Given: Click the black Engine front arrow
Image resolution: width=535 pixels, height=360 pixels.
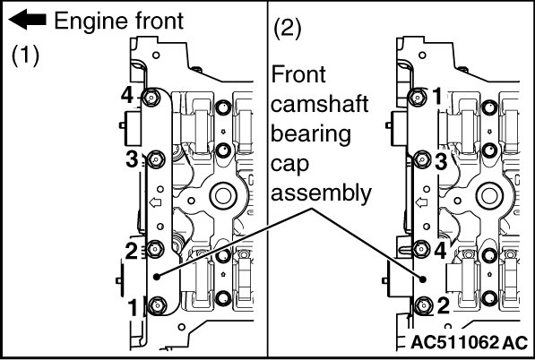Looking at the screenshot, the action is pos(27,20).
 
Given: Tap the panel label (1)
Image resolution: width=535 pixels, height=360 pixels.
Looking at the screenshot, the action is pos(25,56).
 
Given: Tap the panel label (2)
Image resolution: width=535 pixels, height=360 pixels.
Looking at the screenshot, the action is pos(288,30).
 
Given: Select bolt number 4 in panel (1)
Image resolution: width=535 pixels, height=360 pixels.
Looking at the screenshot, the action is pos(151,99).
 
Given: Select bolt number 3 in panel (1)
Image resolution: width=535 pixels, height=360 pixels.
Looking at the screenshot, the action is pos(156,159).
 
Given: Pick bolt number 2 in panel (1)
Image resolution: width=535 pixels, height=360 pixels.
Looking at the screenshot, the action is pos(154,250).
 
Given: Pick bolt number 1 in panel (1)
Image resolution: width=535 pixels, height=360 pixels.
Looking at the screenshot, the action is pos(158,305).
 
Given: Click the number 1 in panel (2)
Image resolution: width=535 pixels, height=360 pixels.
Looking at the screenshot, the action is pos(437,96).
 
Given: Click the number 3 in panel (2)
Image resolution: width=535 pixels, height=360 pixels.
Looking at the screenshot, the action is pos(441,161).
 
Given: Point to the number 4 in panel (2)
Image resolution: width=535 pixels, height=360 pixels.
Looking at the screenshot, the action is pos(441,251).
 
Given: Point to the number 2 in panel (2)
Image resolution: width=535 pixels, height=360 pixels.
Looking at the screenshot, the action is pos(444,305).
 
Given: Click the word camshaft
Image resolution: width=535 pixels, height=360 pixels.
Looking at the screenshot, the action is pos(319,104).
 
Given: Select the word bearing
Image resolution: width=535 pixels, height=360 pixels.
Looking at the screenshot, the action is pos(311,134).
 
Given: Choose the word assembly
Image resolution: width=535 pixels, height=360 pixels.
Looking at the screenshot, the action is pos(321,193).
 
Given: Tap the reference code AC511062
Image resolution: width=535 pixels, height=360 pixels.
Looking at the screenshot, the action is pos(455,342).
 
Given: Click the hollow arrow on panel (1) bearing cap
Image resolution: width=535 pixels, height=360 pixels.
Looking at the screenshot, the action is pos(155,202).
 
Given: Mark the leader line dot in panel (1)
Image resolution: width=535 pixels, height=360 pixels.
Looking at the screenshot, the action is pos(157,277).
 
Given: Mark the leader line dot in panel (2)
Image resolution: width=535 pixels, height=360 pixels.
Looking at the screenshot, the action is pos(423,279).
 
